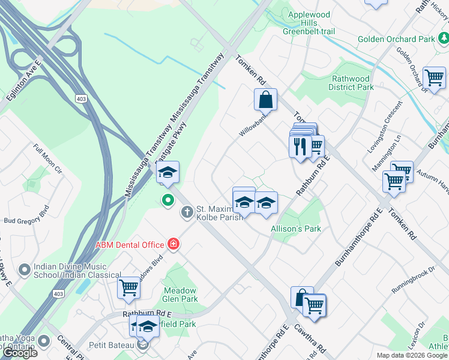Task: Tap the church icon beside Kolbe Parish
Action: [x=187, y=211]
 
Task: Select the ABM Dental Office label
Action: [x=130, y=245]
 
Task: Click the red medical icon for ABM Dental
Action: [x=173, y=244]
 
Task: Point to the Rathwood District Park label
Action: [x=351, y=83]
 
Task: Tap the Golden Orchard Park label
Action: [x=396, y=39]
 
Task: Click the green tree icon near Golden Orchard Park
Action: [x=443, y=39]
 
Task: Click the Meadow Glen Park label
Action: [x=181, y=294]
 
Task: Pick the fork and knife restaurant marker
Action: [x=299, y=146]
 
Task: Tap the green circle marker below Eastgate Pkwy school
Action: [x=169, y=199]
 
